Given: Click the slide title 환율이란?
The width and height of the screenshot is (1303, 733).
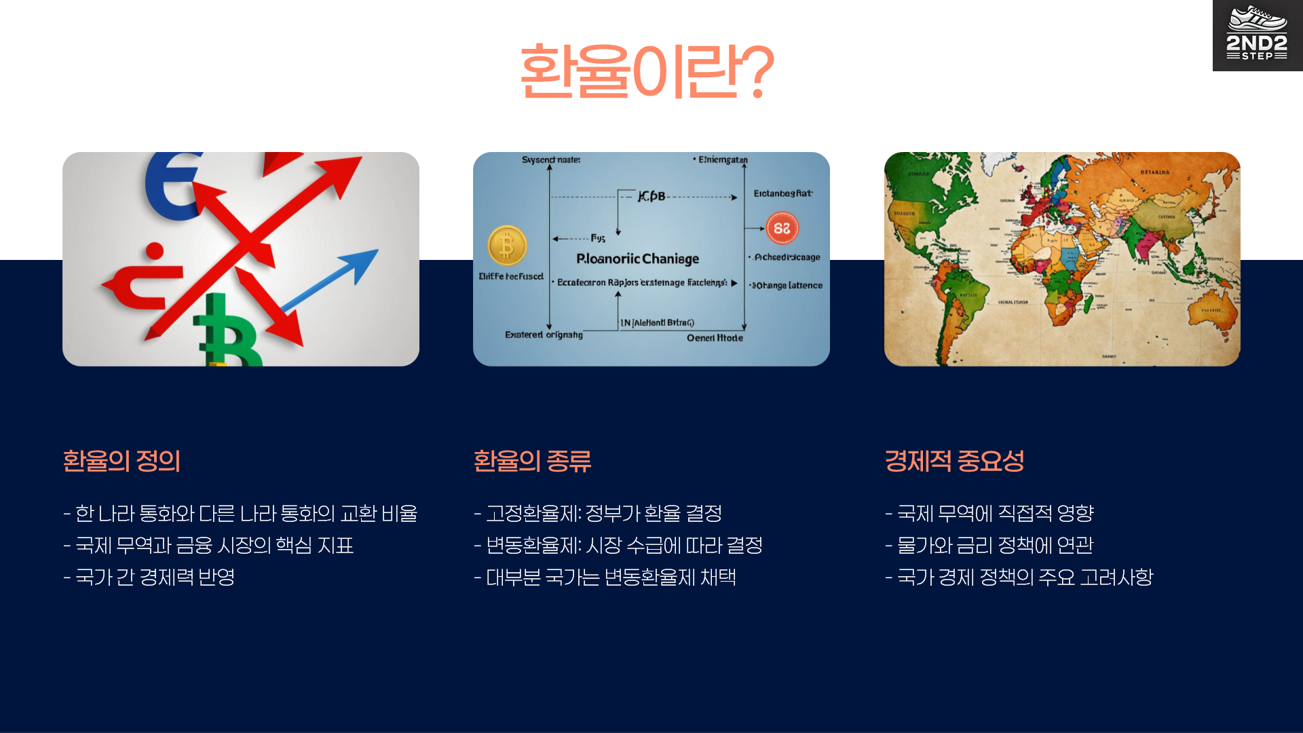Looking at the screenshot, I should point(646,71).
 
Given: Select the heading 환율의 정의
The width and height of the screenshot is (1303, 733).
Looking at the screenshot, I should point(121,462).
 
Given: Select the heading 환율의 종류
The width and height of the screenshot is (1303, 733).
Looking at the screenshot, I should point(532,462).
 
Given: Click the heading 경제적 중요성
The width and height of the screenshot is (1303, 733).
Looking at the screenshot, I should point(954,462).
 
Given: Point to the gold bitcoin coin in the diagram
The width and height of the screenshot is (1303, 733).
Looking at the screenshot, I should point(507,245).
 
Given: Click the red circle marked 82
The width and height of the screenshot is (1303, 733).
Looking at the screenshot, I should point(782,228).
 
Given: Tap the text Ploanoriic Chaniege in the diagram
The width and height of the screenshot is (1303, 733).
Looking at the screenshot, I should point(637,259).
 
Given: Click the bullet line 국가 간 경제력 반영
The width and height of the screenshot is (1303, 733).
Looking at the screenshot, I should point(149,577).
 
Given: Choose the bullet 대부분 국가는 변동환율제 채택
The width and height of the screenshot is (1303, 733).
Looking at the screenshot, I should point(605,577).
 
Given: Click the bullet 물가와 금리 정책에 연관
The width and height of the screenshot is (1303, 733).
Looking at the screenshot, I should point(989,545).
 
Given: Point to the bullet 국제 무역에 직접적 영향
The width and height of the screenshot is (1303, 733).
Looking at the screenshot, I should point(989,513).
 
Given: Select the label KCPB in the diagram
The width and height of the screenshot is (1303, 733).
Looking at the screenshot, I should point(651,196).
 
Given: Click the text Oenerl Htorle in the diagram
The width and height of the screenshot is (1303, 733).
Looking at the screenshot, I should point(715,338).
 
